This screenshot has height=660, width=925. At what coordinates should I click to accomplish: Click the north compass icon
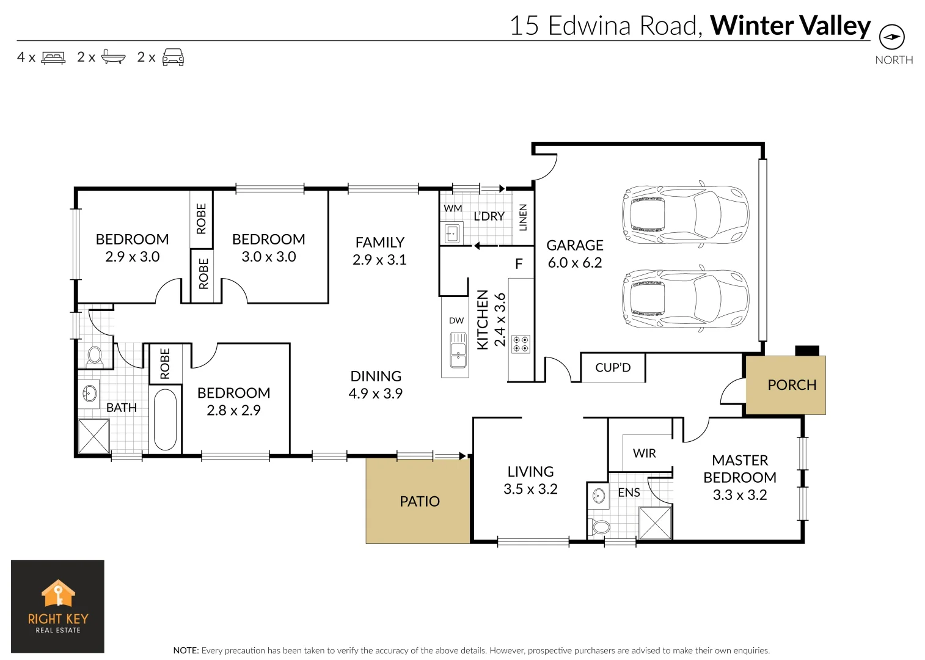tap(891, 37)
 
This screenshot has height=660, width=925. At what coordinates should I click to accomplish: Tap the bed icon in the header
tap(53, 57)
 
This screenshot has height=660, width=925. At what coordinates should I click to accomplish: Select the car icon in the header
tap(173, 57)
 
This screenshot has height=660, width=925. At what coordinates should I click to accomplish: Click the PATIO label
tap(419, 501)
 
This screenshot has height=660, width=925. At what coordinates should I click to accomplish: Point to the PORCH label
tap(792, 385)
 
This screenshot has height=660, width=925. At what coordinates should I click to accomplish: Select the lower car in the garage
tap(684, 299)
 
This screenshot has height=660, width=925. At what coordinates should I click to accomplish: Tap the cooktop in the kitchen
tap(521, 344)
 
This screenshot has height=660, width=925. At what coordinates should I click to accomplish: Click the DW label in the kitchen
tap(456, 320)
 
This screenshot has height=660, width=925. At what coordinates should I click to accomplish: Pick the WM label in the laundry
tap(453, 208)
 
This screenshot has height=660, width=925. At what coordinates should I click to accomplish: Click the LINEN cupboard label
tap(523, 218)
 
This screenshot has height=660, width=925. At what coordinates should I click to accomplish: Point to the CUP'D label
tap(613, 368)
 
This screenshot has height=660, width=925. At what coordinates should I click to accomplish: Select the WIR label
tap(644, 453)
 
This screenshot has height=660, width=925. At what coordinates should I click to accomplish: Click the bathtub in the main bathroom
tap(165, 419)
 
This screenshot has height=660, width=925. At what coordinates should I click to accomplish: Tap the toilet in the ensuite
tap(600, 526)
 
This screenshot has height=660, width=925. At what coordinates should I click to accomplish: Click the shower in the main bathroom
tap(94, 436)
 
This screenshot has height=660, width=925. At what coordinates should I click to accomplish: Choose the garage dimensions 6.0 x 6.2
tap(574, 263)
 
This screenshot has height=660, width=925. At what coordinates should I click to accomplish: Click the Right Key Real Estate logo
tap(58, 606)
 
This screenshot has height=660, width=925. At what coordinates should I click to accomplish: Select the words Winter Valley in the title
tap(790, 26)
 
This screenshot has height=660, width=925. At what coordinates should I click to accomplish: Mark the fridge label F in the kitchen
tap(519, 264)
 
